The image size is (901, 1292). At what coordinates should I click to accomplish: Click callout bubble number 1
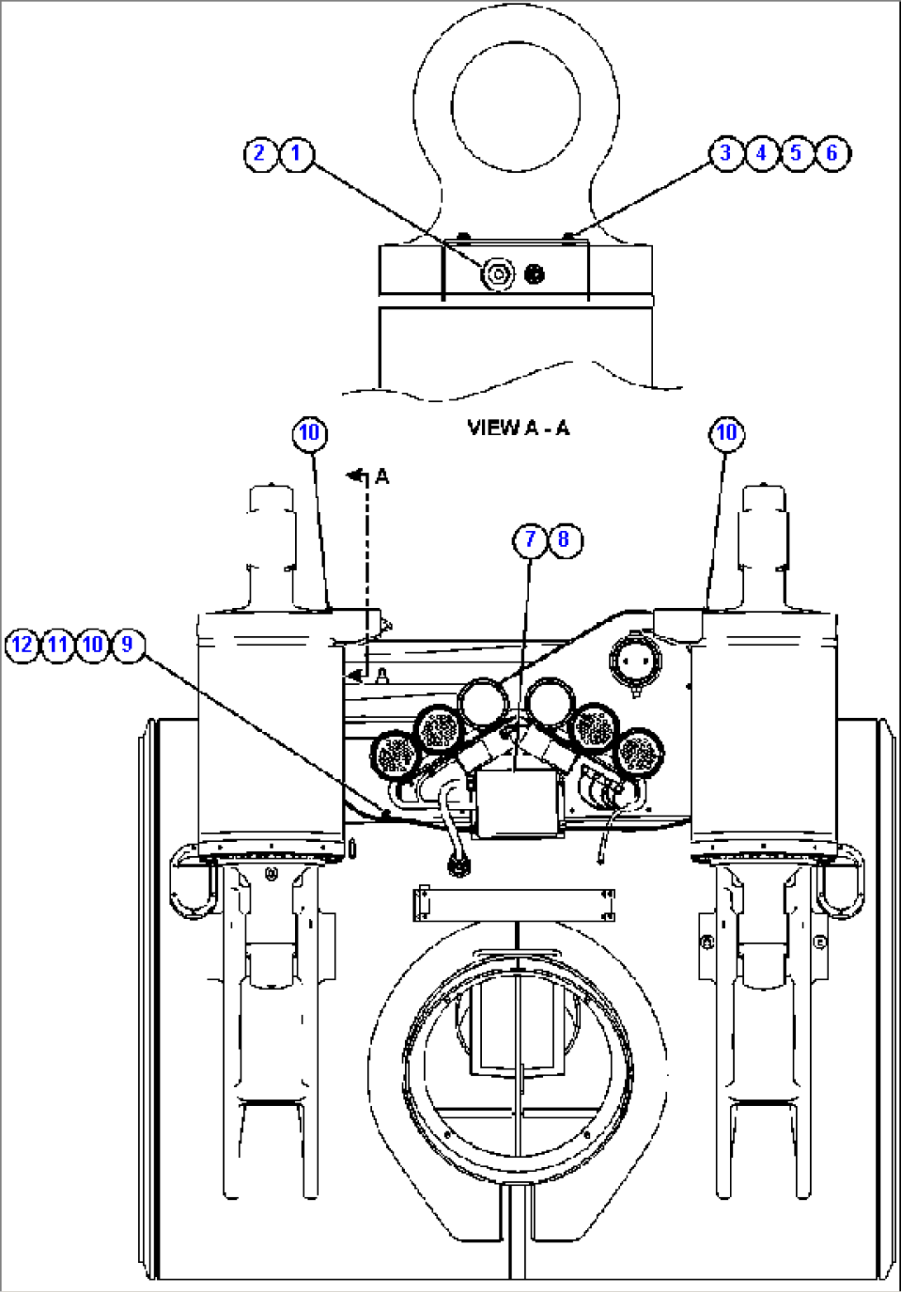coord(296,153)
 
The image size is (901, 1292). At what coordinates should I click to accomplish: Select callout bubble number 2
coord(260,153)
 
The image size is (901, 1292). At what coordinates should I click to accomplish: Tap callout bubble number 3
coord(726,153)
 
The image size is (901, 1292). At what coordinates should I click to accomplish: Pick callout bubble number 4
coord(761,153)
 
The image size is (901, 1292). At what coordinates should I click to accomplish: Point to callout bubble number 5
coord(796,153)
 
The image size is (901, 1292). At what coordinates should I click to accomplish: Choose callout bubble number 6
coord(832,153)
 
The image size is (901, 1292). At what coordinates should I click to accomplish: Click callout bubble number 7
coord(530,540)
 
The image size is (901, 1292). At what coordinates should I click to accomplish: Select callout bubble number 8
coord(565,540)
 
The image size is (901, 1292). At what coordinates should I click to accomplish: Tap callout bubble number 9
coord(126,644)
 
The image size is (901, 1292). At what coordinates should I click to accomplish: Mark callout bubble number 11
coord(57,644)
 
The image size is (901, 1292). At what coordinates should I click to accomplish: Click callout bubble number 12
coord(22,644)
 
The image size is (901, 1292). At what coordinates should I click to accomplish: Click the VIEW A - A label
coord(518,428)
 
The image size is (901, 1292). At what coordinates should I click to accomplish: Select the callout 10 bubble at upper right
coord(726,433)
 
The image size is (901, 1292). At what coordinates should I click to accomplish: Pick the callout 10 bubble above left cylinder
coord(309,433)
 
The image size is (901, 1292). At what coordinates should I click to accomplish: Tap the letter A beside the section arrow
coord(382,476)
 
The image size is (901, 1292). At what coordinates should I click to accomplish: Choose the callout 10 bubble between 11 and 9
coord(92,644)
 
